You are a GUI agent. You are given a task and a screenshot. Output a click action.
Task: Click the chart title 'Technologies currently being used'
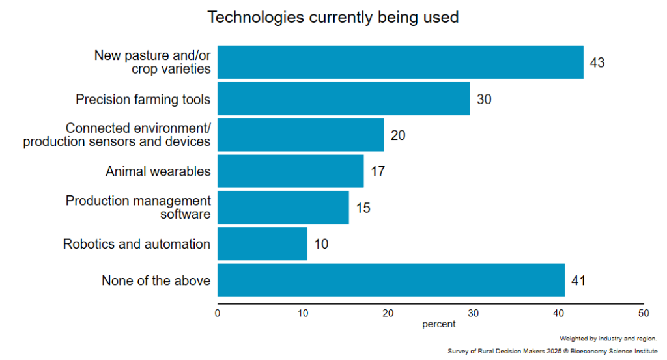[333, 18]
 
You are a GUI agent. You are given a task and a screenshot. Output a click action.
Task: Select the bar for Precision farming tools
[343, 99]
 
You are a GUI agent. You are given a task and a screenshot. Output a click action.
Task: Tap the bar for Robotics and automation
[262, 244]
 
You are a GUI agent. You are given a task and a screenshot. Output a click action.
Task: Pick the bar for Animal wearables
[291, 171]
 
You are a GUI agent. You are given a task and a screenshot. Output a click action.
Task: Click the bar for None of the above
[391, 281]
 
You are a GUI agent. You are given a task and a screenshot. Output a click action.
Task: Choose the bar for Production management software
[283, 208]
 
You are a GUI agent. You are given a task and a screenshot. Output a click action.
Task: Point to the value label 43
[597, 63]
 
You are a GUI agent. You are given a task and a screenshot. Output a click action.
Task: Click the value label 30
[484, 100]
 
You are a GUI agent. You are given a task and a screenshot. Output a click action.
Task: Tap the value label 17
[378, 172]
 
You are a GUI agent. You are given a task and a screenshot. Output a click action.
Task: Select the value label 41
[578, 281]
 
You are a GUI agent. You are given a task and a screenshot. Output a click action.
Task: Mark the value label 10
[321, 245]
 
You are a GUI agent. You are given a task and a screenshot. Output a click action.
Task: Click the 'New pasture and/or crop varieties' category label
[152, 62]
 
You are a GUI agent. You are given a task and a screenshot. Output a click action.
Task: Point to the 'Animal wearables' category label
[158, 172]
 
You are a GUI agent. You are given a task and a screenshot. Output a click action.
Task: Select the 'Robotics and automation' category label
[137, 245]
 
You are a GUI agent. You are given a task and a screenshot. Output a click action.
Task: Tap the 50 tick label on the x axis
[644, 313]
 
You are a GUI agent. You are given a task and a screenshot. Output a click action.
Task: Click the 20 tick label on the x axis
[388, 313]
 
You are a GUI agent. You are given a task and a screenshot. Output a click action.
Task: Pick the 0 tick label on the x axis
[218, 313]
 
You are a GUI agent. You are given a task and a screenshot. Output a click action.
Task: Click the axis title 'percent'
[438, 324]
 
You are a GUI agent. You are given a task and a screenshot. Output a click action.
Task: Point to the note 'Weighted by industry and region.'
[608, 339]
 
